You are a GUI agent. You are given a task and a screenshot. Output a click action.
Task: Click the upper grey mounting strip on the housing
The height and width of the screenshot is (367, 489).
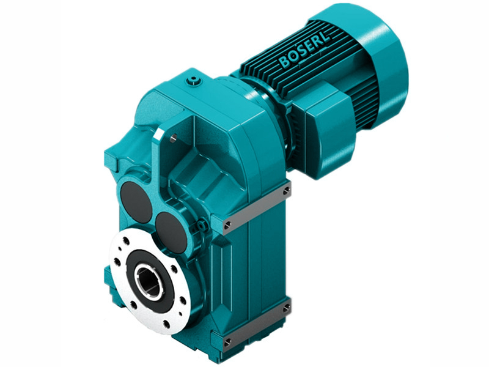click(257, 206)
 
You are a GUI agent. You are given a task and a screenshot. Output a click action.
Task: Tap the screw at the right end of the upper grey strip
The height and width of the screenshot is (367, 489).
click(286, 191)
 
